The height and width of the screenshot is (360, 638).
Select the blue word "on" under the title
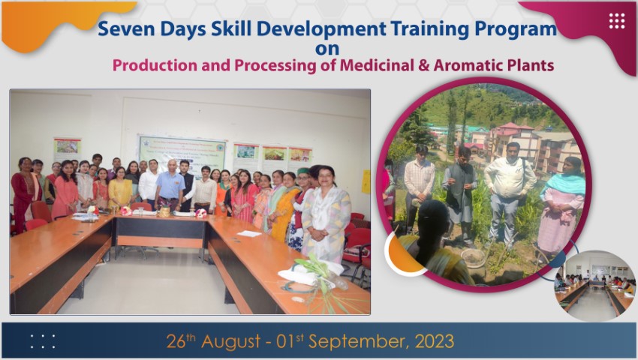327,49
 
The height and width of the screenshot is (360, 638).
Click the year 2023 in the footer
434,341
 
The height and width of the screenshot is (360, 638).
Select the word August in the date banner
230,341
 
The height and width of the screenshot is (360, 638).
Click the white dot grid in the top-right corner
617,21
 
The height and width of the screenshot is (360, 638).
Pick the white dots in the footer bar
43,342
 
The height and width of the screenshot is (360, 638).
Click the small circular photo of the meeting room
594,286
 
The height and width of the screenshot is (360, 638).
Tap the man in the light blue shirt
170,185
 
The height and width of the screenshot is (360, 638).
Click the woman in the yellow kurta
119,188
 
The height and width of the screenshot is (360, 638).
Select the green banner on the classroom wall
182,154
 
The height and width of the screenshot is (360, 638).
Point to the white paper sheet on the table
249,233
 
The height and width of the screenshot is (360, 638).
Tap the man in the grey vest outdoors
460,195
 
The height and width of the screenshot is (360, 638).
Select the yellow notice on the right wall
366,181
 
